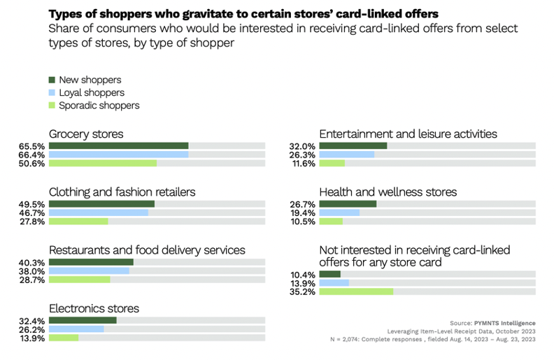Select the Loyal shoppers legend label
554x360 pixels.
click(92, 93)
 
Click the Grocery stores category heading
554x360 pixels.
click(86, 133)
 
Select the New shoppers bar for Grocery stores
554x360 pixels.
click(118, 146)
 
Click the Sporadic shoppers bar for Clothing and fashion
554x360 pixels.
click(78, 222)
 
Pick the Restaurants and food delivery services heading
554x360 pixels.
click(147, 250)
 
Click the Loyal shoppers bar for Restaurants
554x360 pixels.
click(89, 271)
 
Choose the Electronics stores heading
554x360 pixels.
click(94, 308)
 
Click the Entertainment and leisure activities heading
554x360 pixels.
click(408, 133)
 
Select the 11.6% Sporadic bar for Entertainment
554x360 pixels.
click(332, 163)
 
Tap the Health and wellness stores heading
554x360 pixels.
click(388, 192)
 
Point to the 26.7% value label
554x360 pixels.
click(303, 204)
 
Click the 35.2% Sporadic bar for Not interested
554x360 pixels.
click(356, 291)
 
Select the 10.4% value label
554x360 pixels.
click(303, 275)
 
